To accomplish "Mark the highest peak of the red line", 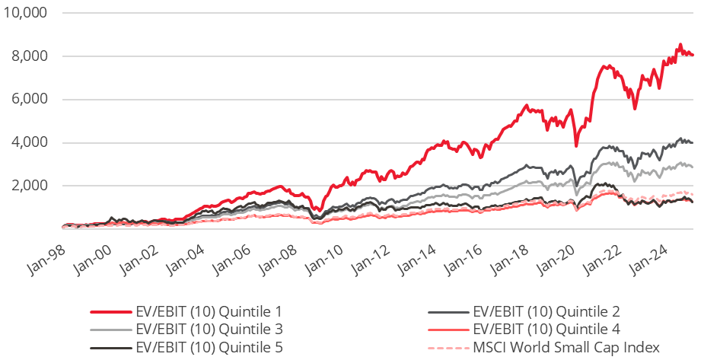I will coord(680,44).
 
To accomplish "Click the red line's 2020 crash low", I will coord(577,145).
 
